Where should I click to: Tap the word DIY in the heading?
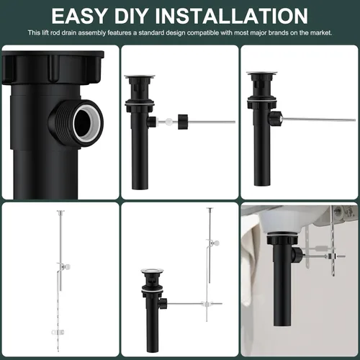coord(152,15)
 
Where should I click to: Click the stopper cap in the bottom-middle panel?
coord(152,272)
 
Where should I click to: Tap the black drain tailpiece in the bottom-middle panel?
coord(153,324)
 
